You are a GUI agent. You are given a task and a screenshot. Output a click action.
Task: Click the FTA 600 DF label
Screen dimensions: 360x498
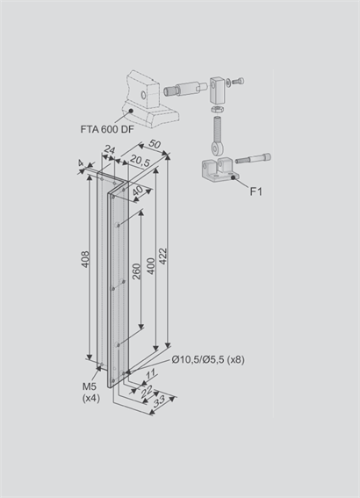coord(107,130)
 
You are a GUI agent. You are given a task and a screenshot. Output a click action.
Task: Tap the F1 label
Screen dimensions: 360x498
coord(256,191)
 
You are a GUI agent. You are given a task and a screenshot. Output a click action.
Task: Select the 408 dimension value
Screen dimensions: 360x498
coord(85,259)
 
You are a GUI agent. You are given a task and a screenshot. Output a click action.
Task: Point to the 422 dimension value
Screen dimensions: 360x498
coord(162,256)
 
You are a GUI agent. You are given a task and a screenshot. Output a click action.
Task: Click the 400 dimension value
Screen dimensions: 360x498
coord(151,266)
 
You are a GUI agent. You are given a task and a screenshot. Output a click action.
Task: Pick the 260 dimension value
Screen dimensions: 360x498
coord(136,271)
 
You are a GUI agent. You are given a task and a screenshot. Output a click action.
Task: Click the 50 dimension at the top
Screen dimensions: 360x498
coord(155,144)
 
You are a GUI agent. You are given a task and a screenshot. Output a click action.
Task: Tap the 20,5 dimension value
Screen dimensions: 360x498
coord(140,162)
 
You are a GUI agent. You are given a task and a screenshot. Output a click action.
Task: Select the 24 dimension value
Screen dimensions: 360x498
coord(110,149)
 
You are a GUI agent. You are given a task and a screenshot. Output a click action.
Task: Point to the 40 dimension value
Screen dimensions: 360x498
coord(138,191)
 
